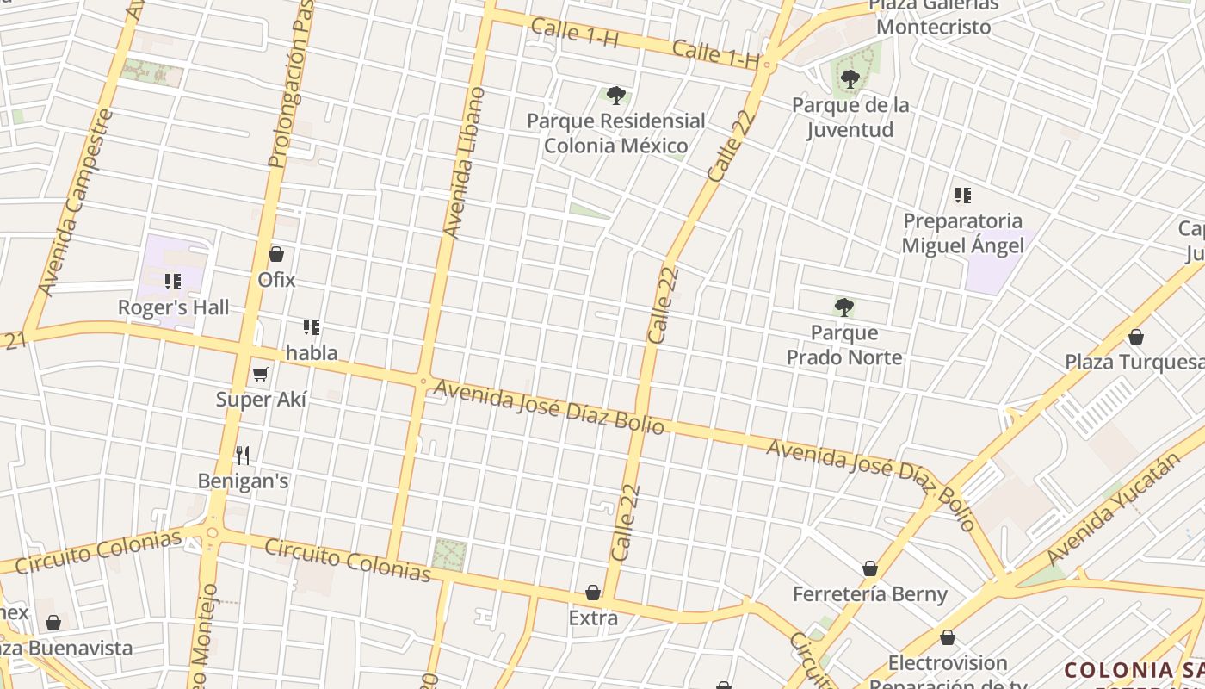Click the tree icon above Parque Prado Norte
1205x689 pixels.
tap(844, 307)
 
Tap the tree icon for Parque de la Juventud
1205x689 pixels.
tap(850, 79)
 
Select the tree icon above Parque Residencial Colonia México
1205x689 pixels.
tap(615, 95)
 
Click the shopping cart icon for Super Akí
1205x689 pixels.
tap(261, 374)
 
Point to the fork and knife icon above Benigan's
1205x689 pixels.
tap(243, 455)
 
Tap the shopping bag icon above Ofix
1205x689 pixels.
tap(276, 254)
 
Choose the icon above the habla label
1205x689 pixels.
tap(312, 327)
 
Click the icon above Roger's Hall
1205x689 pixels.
tap(173, 281)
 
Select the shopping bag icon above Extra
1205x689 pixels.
tap(593, 593)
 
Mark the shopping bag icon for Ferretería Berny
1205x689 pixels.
tap(870, 568)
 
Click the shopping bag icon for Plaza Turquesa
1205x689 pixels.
tap(1136, 337)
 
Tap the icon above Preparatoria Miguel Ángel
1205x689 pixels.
tap(962, 196)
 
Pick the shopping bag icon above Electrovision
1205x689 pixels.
tap(948, 638)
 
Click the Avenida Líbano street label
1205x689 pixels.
tap(464, 164)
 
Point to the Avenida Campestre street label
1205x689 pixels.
tap(77, 202)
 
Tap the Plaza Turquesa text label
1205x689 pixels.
tap(1134, 362)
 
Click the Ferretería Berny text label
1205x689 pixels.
tap(870, 594)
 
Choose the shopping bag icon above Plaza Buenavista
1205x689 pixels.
tap(53, 623)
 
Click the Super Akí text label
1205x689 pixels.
tap(261, 400)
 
